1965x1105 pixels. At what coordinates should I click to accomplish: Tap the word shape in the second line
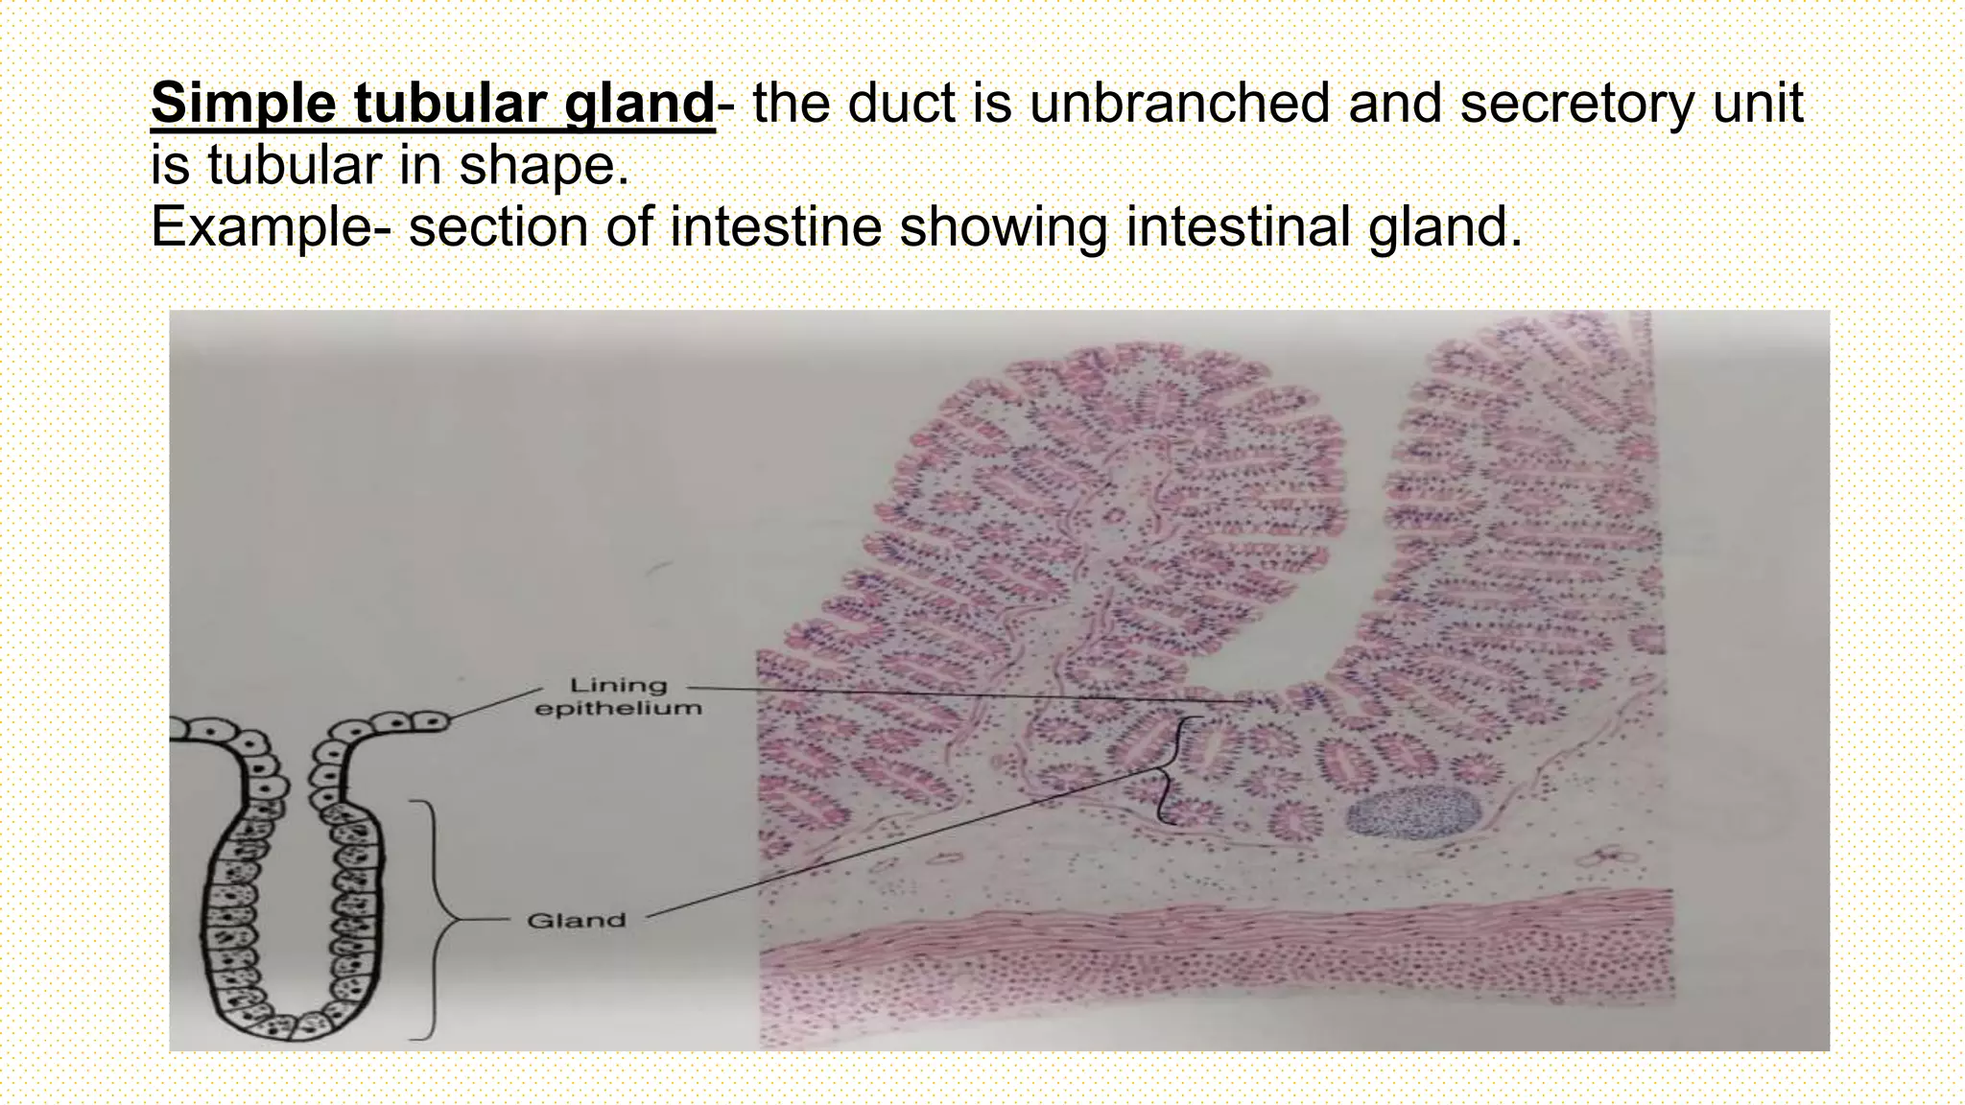pyautogui.click(x=543, y=165)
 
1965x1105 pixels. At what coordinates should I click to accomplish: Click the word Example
pyautogui.click(x=257, y=227)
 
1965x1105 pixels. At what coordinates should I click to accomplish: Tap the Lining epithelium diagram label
pyautogui.click(x=618, y=697)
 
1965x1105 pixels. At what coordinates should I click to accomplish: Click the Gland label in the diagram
pyautogui.click(x=576, y=921)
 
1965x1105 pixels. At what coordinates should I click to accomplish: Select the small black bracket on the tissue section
pyautogui.click(x=1172, y=770)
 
